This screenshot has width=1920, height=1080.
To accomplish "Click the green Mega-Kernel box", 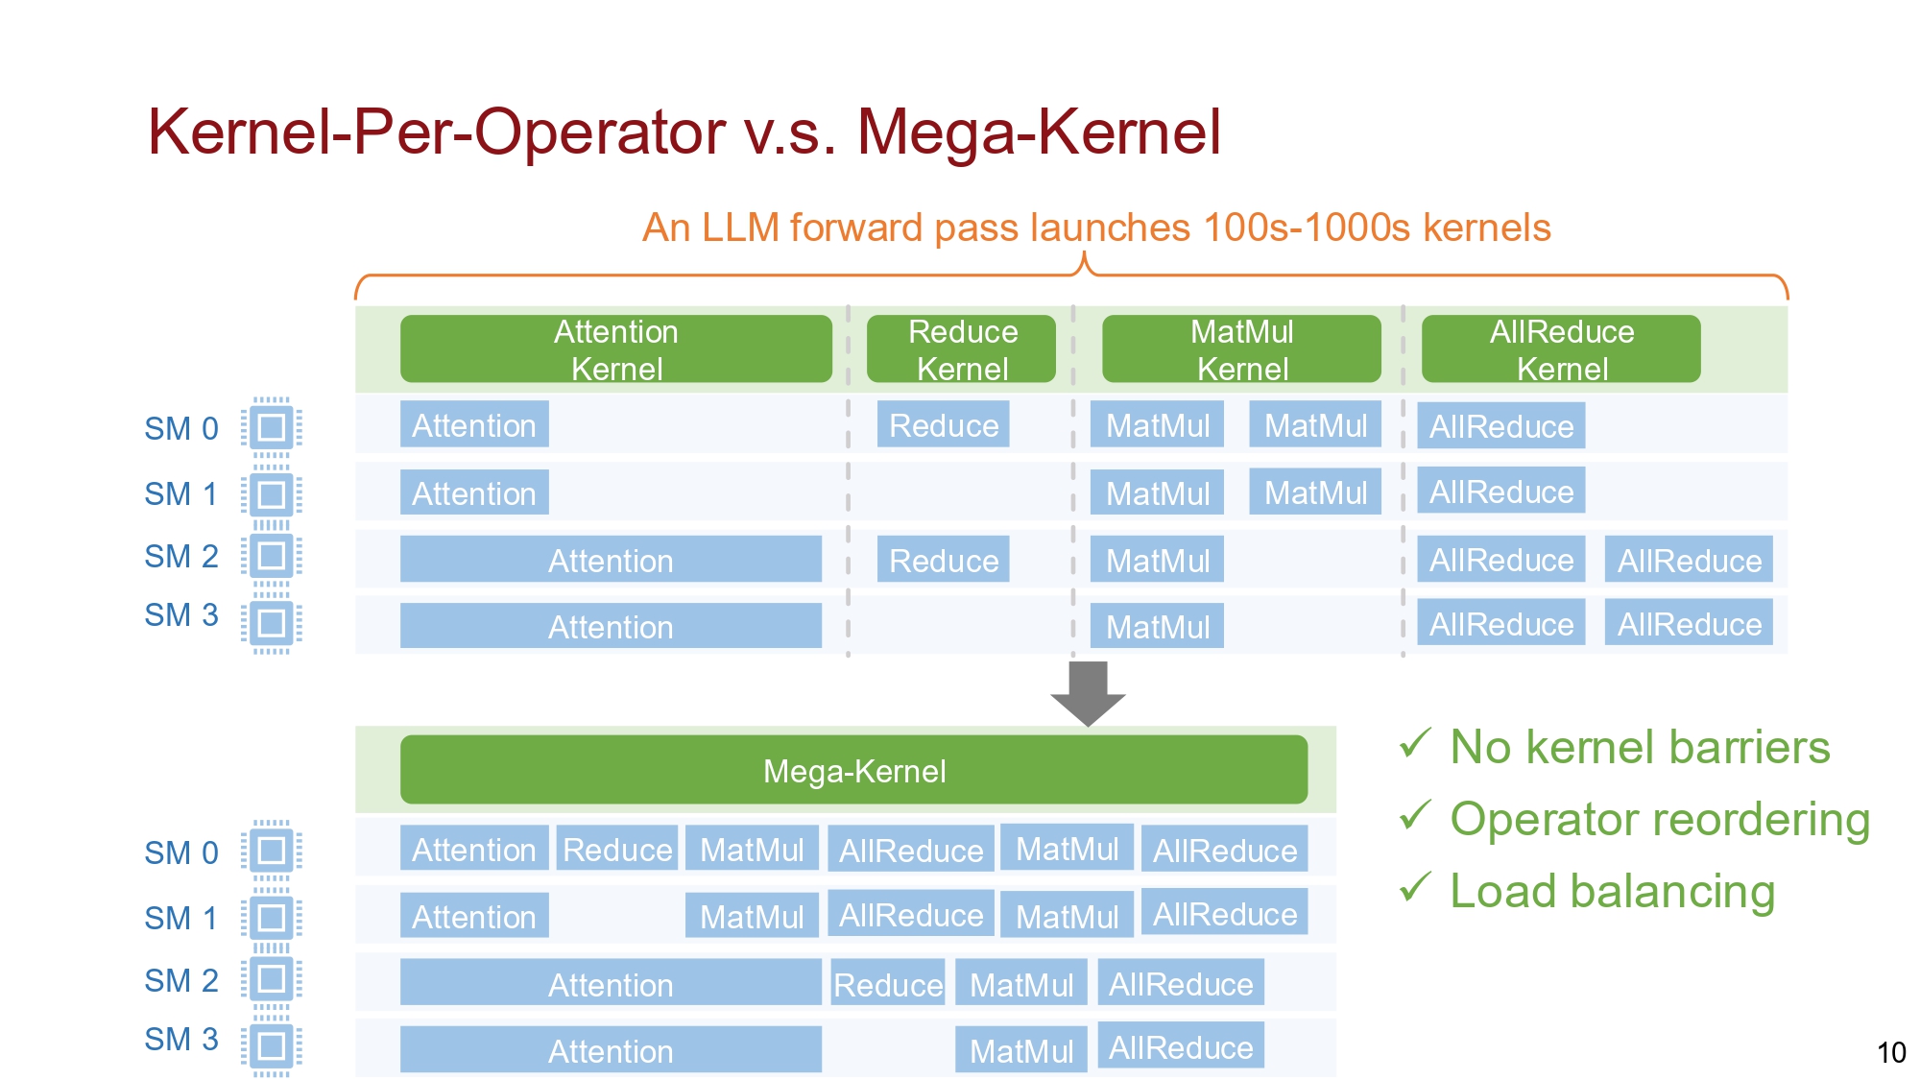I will coord(853,770).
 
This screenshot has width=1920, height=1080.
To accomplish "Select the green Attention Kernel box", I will coord(615,349).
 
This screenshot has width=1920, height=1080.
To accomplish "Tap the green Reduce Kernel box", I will coord(961,349).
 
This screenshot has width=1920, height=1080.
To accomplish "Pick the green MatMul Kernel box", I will coord(1241,349).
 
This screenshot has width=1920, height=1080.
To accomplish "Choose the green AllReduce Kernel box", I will coord(1561,349).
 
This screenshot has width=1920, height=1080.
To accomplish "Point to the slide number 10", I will coord(1890,1052).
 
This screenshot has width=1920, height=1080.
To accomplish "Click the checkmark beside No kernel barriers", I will coord(1415,743).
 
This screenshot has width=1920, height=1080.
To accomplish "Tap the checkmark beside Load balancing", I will coord(1415,887).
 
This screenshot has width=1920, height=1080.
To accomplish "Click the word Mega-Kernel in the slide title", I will coord(1039,132).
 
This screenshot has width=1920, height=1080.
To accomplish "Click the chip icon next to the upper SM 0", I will coord(272,427).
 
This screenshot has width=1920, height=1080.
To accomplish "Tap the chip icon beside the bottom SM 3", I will coord(272,1045).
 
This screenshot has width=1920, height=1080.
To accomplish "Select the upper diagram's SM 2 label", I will coord(180,557).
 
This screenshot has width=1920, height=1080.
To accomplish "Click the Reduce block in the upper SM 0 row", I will coord(943,425).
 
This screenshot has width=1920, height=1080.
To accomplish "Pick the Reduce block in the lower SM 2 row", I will coord(887,984).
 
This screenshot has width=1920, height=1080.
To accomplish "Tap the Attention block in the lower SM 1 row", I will coord(474,917).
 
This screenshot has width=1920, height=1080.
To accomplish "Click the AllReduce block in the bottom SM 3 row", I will coord(1180,1047).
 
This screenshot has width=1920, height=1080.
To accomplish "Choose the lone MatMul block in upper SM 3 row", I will coord(1157,627).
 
